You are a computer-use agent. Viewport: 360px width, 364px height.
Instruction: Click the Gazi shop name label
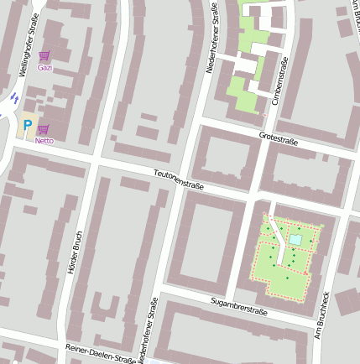point(45,67)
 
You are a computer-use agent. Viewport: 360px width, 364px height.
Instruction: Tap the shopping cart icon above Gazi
point(44,56)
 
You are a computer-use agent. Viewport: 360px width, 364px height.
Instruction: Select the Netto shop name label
point(44,141)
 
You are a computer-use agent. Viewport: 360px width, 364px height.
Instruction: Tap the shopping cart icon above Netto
point(43,129)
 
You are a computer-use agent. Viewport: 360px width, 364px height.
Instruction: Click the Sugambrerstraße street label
point(239,306)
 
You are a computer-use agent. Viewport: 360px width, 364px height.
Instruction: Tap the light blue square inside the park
point(295,241)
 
